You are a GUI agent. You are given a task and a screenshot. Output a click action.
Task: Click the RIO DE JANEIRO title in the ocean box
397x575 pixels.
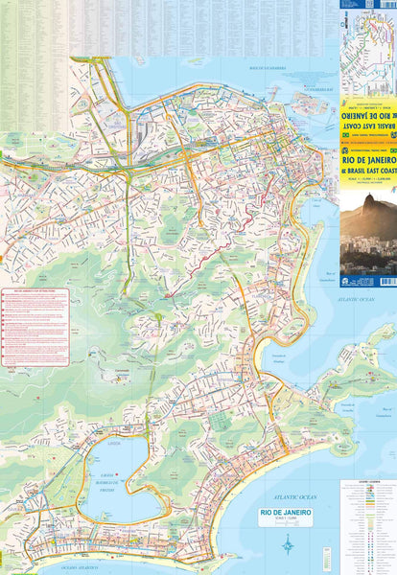(x=272, y=514)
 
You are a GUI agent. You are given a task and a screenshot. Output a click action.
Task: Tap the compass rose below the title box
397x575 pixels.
(x=288, y=544)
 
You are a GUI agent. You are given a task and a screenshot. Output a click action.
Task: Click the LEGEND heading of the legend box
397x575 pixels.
(x=366, y=483)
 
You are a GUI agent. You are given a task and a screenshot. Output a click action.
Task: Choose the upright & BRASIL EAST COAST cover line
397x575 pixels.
(x=368, y=173)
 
